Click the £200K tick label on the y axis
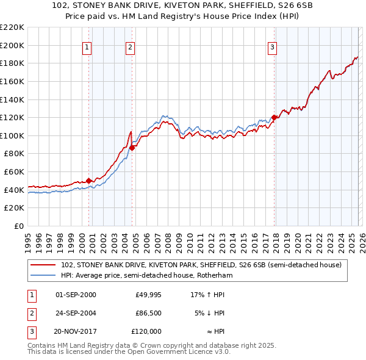(x=12, y=45)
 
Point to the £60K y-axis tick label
(x=14, y=172)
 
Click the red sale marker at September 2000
(x=88, y=180)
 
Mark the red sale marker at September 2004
(x=132, y=147)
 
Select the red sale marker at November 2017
(x=274, y=117)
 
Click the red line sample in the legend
(x=43, y=265)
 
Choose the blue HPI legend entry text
(x=146, y=275)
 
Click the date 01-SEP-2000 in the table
(x=76, y=295)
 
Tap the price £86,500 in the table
(x=148, y=313)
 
